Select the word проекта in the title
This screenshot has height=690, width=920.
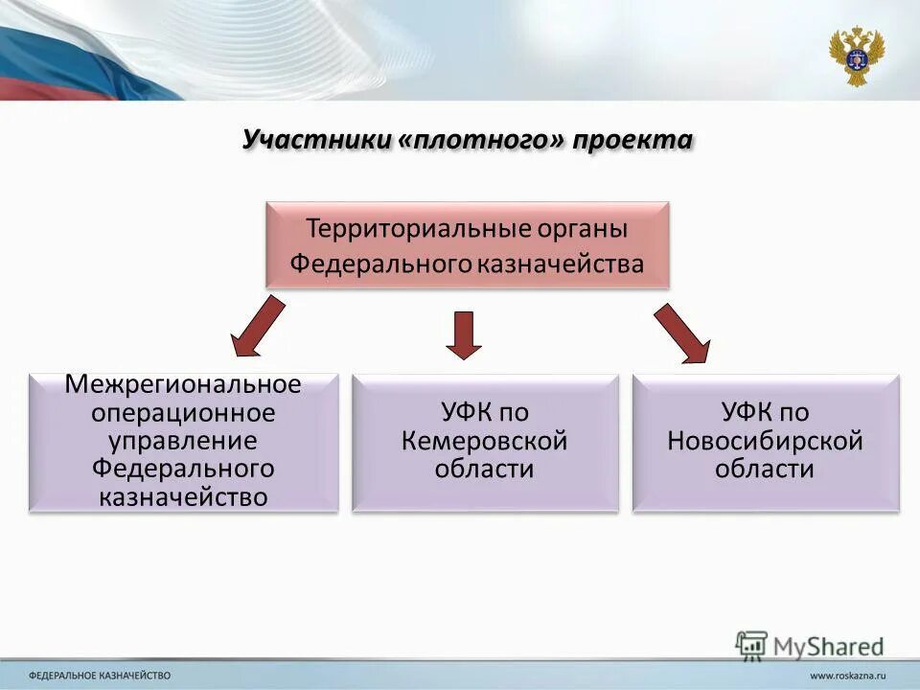coord(633,140)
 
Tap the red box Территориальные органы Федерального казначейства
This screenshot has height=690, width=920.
coord(467,245)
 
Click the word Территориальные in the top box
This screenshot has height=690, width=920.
coord(400,230)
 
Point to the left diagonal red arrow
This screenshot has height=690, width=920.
coord(258,325)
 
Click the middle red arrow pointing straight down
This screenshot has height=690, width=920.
coord(464,334)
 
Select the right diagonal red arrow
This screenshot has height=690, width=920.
coord(683,333)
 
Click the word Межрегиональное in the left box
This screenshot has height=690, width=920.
coord(183,384)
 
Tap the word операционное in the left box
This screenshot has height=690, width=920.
coord(183,413)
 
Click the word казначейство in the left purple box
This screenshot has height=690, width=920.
coord(183,496)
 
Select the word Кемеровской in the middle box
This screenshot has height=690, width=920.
coord(484,442)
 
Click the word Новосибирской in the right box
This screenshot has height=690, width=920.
coord(765,442)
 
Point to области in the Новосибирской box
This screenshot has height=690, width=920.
coord(765,470)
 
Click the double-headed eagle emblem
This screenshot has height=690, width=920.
coord(856,56)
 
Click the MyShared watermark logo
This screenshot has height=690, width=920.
coord(810,644)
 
